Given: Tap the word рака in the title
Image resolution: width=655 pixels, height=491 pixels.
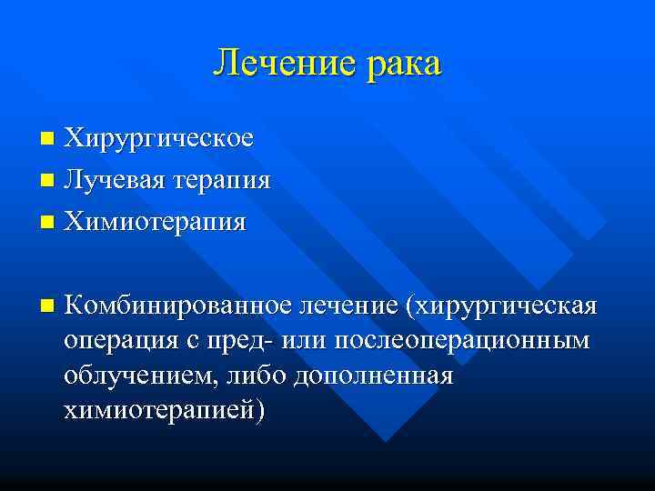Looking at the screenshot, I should coord(396,64).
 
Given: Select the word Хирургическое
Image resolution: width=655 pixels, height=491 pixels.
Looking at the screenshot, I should coord(158,139).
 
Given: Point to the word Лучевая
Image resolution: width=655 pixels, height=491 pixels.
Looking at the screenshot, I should coord(113,180).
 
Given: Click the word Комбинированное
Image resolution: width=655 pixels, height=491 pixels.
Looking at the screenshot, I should coord(178,305).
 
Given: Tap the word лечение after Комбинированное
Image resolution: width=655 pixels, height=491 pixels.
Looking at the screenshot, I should coord(348,305).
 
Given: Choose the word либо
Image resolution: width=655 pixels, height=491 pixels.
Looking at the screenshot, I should coord(258,376).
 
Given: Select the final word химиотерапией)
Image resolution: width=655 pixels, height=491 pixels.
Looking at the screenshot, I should coord(166,412).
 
